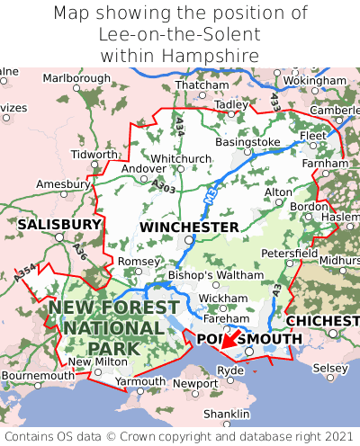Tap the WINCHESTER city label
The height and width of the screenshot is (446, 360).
[x=189, y=227]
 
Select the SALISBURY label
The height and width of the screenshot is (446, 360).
[x=58, y=224]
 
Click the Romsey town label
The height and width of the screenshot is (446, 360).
[x=139, y=261]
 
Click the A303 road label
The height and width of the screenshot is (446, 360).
[x=164, y=185]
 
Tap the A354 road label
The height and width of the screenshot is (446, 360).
[x=26, y=273]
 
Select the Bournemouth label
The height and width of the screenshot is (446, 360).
[x=37, y=375]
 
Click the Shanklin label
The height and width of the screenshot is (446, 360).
[x=226, y=414]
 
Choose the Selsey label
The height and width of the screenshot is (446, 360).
[x=329, y=369]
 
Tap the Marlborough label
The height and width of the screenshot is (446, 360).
[x=76, y=78]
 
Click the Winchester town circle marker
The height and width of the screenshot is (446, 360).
[x=188, y=240]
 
